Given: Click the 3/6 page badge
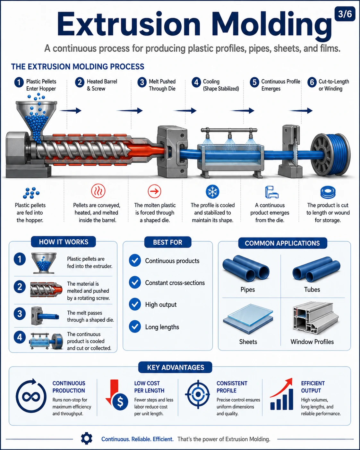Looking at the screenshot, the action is pyautogui.click(x=345, y=14).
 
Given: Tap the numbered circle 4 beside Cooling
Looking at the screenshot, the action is pyautogui.click(x=196, y=82).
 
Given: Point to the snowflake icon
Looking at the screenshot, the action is pyautogui.click(x=212, y=191).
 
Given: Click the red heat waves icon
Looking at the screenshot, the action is pyautogui.click(x=98, y=191).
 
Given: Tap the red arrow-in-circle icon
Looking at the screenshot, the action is pyautogui.click(x=155, y=191).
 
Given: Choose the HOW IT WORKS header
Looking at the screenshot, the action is pyautogui.click(x=64, y=242).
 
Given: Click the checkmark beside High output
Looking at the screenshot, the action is pyautogui.click(x=135, y=304).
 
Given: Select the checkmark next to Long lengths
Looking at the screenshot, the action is pyautogui.click(x=135, y=326).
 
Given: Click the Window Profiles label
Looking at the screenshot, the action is pyautogui.click(x=312, y=342).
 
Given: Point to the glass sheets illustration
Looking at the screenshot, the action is pyautogui.click(x=248, y=318).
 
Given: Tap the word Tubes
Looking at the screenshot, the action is pyautogui.click(x=312, y=290).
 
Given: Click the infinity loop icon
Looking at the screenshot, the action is pyautogui.click(x=31, y=396).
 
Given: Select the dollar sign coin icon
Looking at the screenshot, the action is pyautogui.click(x=120, y=402).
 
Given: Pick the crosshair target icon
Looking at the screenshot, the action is pyautogui.click(x=198, y=394).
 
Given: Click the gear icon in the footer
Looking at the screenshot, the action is pyautogui.click(x=87, y=438).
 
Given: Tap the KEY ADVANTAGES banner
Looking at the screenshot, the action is pyautogui.click(x=175, y=368).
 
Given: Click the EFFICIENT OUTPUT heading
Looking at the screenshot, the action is pyautogui.click(x=313, y=387).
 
